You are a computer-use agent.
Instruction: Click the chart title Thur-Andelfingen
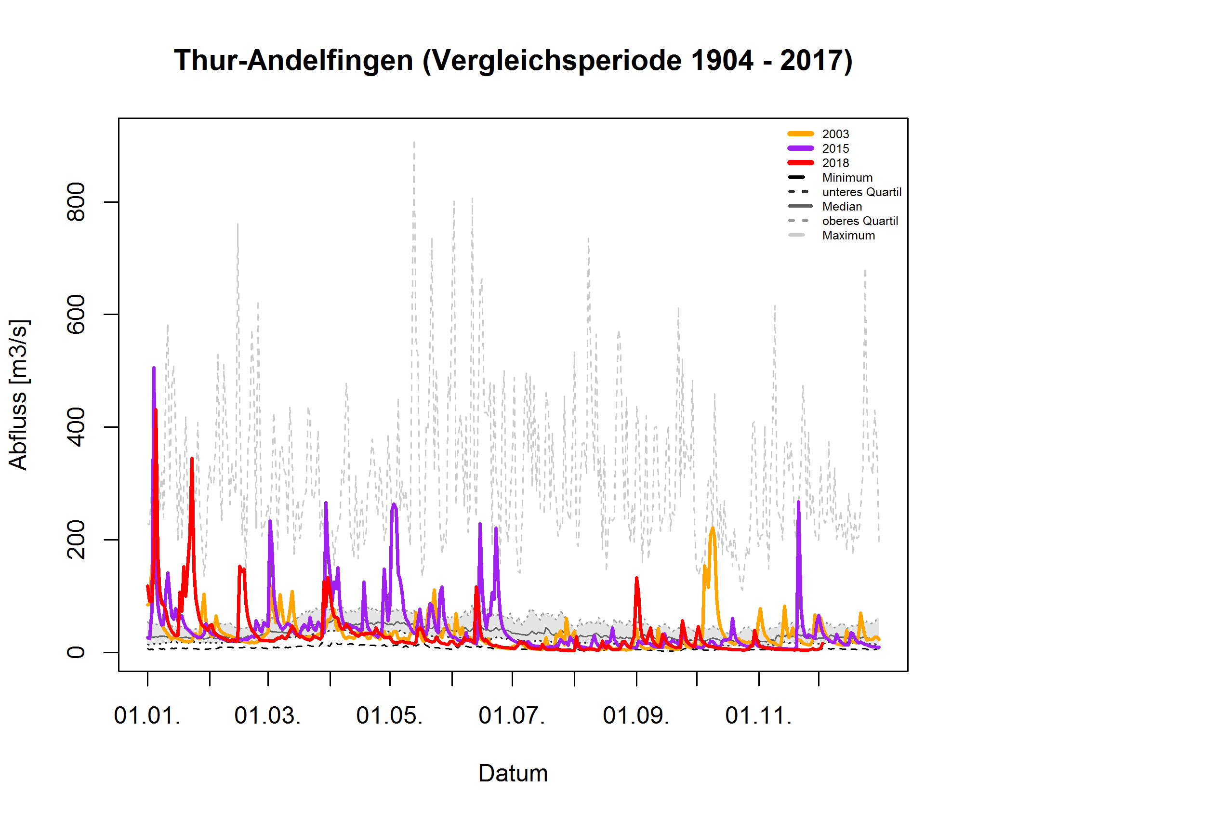pos(513,61)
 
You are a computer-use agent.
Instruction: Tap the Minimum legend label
pos(846,178)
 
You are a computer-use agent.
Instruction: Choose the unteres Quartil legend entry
pos(861,192)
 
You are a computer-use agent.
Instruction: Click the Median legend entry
pos(842,207)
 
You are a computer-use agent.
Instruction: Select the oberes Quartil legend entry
pos(860,221)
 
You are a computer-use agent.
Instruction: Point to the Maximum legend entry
pos(848,236)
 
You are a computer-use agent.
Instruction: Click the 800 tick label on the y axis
pos(76,202)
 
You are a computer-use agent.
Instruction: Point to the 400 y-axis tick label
pos(76,427)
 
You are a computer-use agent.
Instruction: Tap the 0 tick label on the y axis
pos(76,652)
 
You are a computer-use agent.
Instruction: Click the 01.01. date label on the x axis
pos(147,715)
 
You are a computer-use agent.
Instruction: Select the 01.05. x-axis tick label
pos(389,715)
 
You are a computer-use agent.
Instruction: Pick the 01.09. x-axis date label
pos(636,715)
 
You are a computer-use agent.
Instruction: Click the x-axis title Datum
pos(513,774)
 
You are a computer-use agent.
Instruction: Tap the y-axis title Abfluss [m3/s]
pos(19,395)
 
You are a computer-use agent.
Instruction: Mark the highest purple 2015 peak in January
pos(154,368)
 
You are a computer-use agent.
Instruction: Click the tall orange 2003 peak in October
pos(713,528)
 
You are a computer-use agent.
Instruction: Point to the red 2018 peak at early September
pos(636,578)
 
